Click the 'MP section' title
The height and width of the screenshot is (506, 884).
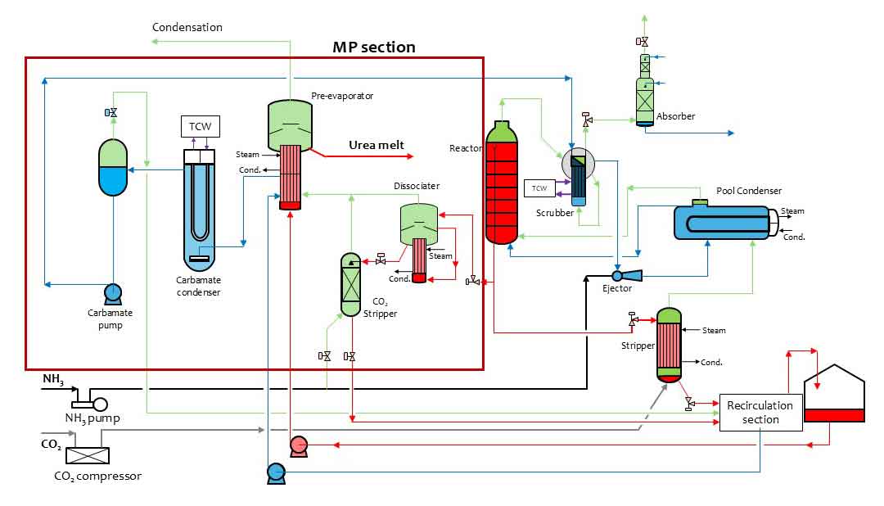pyautogui.click(x=373, y=47)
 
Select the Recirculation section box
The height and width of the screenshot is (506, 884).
pyautogui.click(x=760, y=413)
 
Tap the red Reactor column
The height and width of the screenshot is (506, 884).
pyautogui.click(x=502, y=184)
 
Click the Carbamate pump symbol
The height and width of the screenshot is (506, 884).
pyautogui.click(x=111, y=293)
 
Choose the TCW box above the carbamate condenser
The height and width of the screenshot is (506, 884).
pyautogui.click(x=201, y=126)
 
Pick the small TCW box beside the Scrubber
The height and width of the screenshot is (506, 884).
pyautogui.click(x=539, y=189)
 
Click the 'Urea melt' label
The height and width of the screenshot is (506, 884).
pyautogui.click(x=377, y=145)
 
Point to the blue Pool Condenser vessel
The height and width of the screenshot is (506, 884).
pyautogui.click(x=720, y=222)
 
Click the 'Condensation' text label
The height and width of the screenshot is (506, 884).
pyautogui.click(x=187, y=27)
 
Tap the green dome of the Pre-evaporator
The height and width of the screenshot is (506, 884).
pyautogui.click(x=291, y=123)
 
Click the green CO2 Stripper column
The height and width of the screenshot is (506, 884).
pyautogui.click(x=350, y=284)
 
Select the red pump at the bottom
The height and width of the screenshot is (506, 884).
pyautogui.click(x=298, y=445)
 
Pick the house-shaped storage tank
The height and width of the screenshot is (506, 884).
pyautogui.click(x=834, y=394)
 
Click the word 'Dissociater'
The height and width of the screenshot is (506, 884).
pyautogui.click(x=416, y=186)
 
